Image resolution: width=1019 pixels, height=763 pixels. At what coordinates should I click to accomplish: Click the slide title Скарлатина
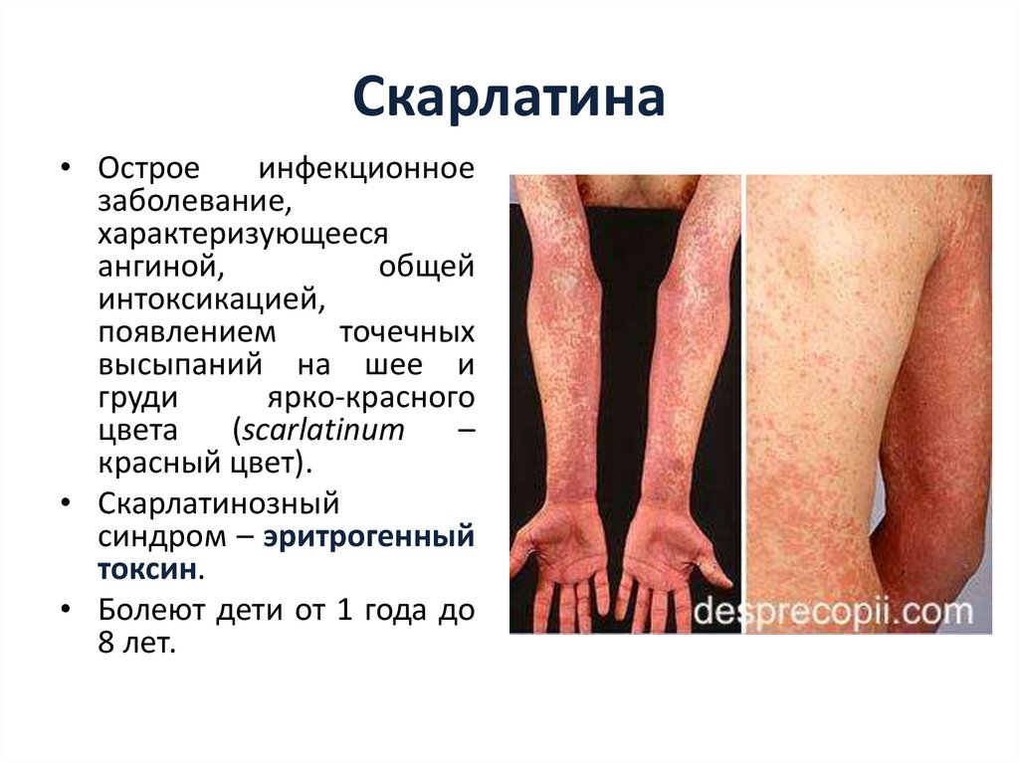pyautogui.click(x=509, y=100)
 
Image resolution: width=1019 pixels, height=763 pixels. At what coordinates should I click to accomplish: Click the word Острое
pyautogui.click(x=148, y=168)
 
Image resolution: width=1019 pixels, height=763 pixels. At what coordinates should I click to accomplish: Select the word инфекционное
pyautogui.click(x=366, y=168)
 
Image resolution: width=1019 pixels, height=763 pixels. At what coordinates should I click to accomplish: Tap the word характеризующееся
pyautogui.click(x=242, y=234)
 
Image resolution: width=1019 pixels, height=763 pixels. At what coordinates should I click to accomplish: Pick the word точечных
pyautogui.click(x=407, y=332)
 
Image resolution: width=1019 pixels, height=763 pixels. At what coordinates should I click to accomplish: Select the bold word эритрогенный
pyautogui.click(x=369, y=537)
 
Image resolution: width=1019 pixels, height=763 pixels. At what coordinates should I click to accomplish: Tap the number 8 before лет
pyautogui.click(x=108, y=643)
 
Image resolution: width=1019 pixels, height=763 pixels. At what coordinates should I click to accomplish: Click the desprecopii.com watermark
pyautogui.click(x=832, y=611)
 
